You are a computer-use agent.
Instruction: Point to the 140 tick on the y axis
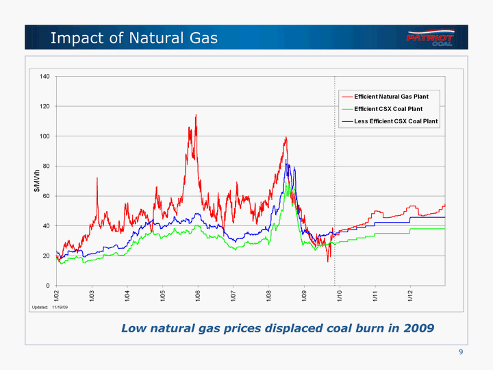pyautogui.click(x=43, y=76)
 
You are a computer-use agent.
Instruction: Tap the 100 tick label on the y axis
pyautogui.click(x=43, y=136)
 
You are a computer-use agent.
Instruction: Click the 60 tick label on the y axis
pyautogui.click(x=45, y=196)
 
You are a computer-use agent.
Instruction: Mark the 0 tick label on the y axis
pyautogui.click(x=47, y=286)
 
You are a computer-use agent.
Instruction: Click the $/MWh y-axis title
pyautogui.click(x=38, y=181)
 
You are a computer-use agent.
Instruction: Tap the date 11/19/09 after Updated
pyautogui.click(x=60, y=308)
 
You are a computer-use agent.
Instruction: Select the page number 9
pyautogui.click(x=462, y=352)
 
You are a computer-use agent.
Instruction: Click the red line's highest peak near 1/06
pyautogui.click(x=196, y=115)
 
